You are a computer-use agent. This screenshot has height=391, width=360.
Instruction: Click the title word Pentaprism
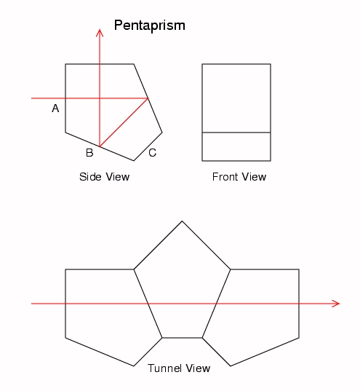click(150, 25)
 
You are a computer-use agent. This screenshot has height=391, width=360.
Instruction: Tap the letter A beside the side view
click(55, 108)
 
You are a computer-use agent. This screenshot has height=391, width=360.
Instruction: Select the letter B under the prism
click(89, 153)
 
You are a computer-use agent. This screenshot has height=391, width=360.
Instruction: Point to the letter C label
click(153, 153)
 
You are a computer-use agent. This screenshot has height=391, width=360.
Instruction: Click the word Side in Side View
click(90, 177)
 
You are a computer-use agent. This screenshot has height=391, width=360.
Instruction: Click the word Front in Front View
click(225, 177)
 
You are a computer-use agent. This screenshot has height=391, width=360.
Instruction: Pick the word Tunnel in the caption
click(164, 368)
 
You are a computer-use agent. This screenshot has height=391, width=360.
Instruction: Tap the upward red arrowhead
click(100, 33)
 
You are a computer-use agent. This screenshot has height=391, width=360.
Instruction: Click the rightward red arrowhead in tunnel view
click(336, 304)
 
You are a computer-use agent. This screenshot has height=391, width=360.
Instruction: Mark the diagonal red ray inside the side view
click(124, 122)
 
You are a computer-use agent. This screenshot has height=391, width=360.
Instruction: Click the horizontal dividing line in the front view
click(236, 133)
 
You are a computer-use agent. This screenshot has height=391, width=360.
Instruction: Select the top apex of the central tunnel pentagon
click(182, 221)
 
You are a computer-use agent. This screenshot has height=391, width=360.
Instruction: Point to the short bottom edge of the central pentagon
click(182, 338)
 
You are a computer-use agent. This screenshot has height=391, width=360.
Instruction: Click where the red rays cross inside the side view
click(100, 98)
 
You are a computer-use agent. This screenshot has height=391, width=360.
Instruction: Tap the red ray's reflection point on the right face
click(148, 98)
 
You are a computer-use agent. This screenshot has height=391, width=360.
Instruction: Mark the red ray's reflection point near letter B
click(100, 146)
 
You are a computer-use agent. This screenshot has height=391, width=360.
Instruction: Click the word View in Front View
click(254, 177)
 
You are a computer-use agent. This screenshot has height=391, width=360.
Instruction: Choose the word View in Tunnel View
click(198, 368)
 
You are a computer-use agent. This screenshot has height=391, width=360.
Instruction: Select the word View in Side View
click(117, 177)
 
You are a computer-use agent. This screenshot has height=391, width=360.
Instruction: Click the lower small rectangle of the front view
click(236, 146)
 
